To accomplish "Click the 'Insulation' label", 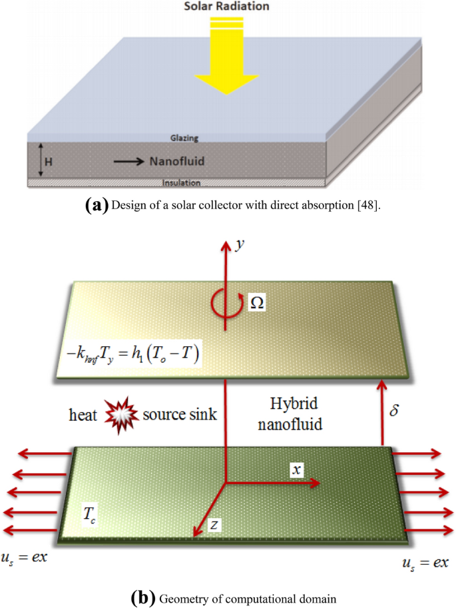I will [182, 182].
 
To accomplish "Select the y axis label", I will [238, 244].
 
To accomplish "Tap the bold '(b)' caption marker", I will [144, 597].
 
